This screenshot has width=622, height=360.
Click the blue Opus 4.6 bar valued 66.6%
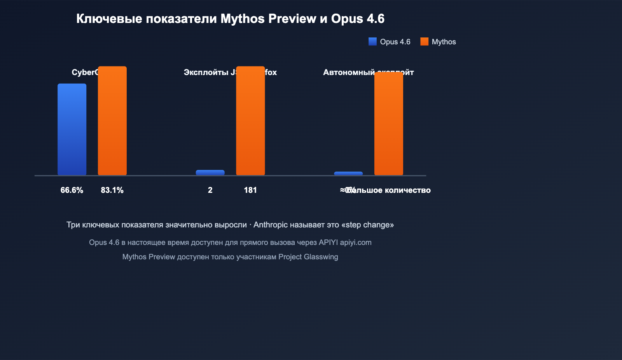[x=72, y=129]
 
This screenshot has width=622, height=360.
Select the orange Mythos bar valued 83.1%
[x=112, y=121]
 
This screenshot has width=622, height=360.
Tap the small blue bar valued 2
[x=210, y=173]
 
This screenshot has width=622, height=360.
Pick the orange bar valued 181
[x=250, y=121]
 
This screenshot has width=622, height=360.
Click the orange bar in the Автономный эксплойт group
[x=389, y=124]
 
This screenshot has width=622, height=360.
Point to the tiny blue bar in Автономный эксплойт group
[x=348, y=173]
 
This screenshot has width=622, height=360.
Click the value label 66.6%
[x=72, y=190]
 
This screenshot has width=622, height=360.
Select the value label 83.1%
[x=112, y=190]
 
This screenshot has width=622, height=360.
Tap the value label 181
[x=250, y=190]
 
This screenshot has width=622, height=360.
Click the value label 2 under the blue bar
[x=210, y=190]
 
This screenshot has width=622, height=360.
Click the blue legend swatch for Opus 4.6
[x=372, y=42]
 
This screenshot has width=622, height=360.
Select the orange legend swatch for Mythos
[x=425, y=42]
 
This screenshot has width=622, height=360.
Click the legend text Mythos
[x=444, y=42]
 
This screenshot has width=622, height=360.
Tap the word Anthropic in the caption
[x=271, y=225]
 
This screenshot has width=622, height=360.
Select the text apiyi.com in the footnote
[x=356, y=242]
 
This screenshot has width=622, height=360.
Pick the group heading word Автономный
[x=349, y=72]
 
